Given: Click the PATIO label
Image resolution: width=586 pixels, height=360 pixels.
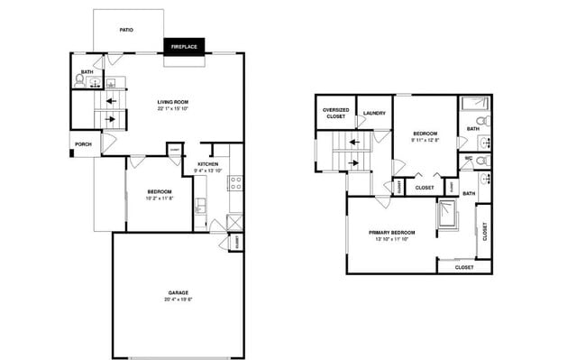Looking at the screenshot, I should (x=127, y=30).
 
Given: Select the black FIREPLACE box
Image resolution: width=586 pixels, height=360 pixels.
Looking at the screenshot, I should (x=183, y=45).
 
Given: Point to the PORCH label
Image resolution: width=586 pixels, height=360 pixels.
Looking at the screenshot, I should (x=83, y=143).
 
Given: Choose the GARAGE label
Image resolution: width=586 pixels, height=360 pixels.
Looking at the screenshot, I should (x=177, y=293).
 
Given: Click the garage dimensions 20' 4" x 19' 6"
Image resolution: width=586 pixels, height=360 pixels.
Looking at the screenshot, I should (x=177, y=300).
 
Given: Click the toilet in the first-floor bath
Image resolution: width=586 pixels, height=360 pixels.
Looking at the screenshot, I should (x=80, y=80).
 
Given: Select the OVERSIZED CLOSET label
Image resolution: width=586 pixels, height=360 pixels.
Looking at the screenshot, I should (x=334, y=113).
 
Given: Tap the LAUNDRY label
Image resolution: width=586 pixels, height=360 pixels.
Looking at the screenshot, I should (x=374, y=113).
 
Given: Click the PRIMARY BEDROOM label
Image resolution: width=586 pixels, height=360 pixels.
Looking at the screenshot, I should (x=391, y=232).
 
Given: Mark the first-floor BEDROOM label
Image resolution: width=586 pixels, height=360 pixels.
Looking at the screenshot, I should (x=159, y=191).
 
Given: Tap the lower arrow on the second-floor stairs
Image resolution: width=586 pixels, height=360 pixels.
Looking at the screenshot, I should (x=354, y=163).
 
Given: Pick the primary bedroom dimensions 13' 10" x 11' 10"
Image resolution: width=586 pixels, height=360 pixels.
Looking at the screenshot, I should (x=391, y=239).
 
